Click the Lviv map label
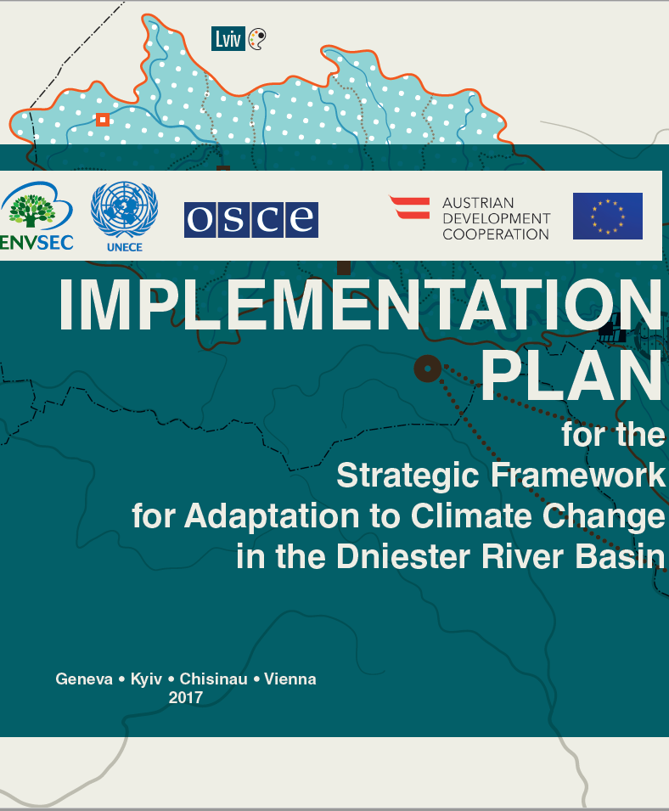click(228, 39)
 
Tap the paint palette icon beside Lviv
click(257, 39)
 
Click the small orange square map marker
click(103, 120)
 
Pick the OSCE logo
click(251, 220)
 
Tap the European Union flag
click(608, 217)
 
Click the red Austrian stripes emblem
click(410, 207)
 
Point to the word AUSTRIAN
click(478, 203)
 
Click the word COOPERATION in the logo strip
click(496, 234)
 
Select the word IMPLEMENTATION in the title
click(360, 305)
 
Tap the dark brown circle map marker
click(428, 369)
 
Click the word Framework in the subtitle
click(578, 475)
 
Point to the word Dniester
click(403, 556)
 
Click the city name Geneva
click(84, 679)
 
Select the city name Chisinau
click(214, 679)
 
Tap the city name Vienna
click(290, 679)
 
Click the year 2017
click(186, 698)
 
